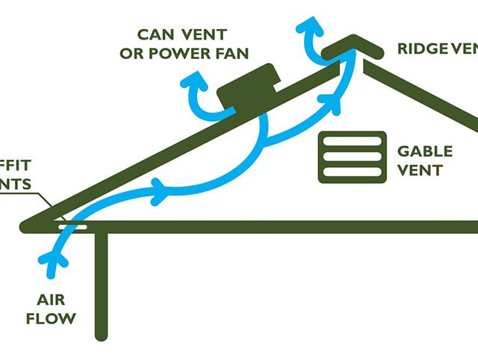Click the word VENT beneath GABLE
coord(419,170)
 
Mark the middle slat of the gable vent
coord(352,157)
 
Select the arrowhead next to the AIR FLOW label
coord(54,259)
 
